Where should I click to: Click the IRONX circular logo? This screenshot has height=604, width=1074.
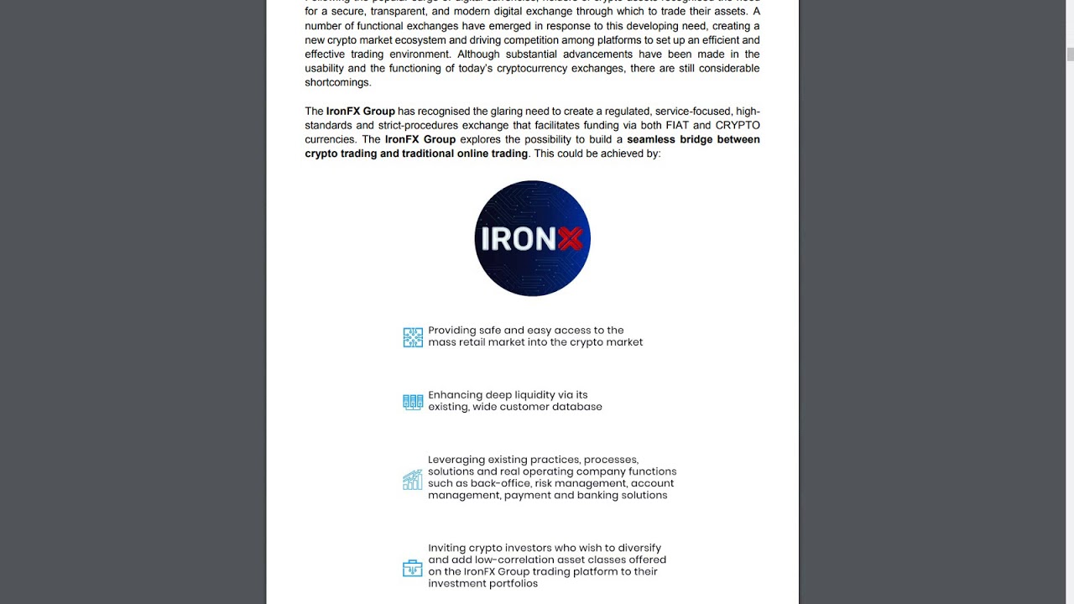532,238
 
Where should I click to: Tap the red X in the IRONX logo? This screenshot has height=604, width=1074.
570,240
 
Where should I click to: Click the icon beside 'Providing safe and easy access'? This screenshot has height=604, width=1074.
413,337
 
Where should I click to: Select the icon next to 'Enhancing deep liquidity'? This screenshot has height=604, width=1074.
413,402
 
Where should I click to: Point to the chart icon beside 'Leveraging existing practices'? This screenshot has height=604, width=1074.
413,480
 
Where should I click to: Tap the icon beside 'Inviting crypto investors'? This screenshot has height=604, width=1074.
413,569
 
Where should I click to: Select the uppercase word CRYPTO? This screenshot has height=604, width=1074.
738,125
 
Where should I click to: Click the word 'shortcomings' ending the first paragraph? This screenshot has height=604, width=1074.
337,82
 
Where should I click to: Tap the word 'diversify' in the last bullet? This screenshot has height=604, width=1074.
638,549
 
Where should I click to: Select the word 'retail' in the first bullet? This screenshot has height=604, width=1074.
480,342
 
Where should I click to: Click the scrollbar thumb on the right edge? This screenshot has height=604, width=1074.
1070,55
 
